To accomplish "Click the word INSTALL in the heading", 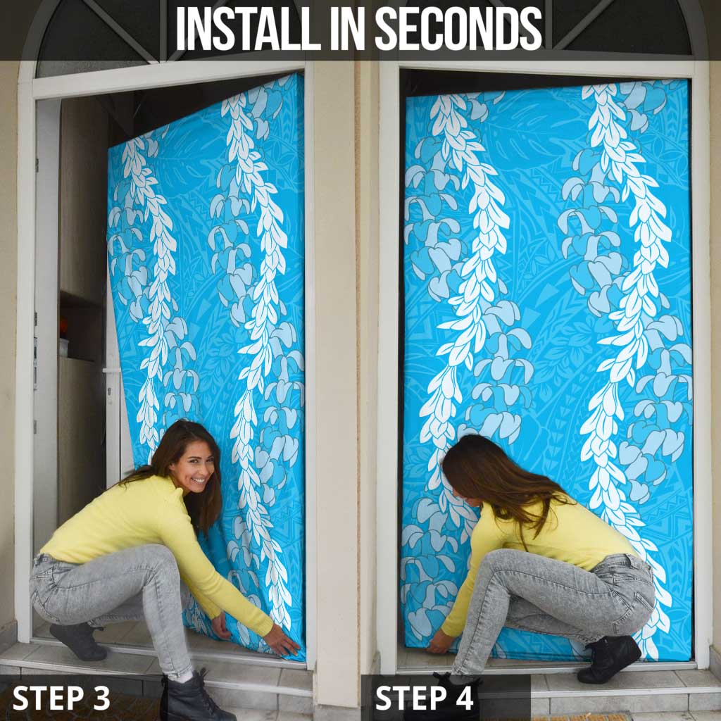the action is (249, 28).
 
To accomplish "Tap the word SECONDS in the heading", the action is (458, 28).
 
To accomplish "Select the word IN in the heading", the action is (348, 28).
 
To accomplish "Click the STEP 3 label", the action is (61, 698).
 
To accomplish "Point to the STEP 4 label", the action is (424, 698).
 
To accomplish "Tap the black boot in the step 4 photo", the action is (608, 658).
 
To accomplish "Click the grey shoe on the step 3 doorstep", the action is (78, 641).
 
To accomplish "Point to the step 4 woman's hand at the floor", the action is (439, 642).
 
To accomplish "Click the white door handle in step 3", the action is (112, 370).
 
